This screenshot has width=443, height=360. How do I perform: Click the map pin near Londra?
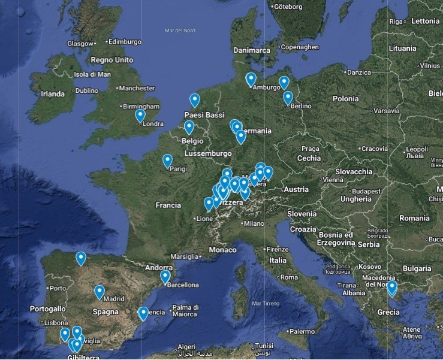point(140,115)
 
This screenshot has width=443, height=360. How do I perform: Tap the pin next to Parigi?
point(167,160)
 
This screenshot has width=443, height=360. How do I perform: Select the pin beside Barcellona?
point(165,276)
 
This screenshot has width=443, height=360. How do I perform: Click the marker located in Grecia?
point(391,288)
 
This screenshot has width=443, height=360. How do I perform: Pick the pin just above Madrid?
point(100,291)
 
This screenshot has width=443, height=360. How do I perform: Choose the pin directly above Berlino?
point(288,97)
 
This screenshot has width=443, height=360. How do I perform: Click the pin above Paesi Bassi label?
point(194,99)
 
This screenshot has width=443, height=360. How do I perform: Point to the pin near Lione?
point(209,203)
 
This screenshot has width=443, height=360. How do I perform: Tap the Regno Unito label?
point(111,60)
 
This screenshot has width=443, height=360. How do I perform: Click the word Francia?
point(168,205)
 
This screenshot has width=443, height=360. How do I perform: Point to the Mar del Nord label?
point(180,30)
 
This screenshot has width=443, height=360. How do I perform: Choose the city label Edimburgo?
point(125,42)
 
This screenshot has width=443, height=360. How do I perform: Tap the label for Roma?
point(289,277)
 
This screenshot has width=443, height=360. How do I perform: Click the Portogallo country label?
point(49,308)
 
